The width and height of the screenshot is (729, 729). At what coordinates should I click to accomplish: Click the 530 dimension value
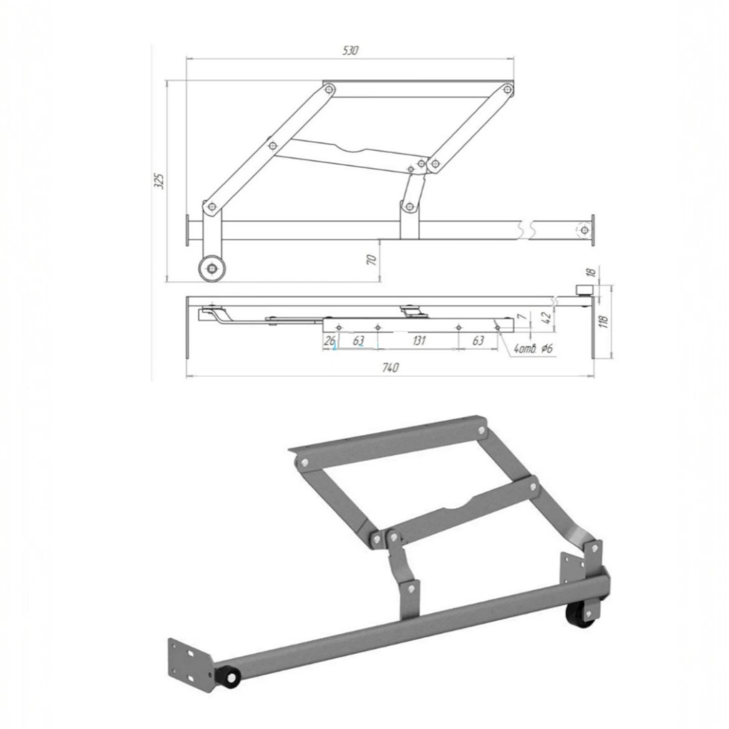(350, 50)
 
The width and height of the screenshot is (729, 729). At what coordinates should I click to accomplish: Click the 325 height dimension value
(159, 181)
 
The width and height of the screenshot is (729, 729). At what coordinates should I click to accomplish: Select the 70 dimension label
(372, 260)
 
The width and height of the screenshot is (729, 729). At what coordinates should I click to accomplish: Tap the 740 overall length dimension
(390, 367)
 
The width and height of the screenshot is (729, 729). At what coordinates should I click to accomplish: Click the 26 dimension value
(330, 340)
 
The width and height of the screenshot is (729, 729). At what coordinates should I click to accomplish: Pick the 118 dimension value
(604, 321)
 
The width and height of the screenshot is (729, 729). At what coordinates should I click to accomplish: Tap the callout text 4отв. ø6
(533, 349)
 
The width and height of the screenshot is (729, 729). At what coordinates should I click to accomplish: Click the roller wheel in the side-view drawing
(212, 268)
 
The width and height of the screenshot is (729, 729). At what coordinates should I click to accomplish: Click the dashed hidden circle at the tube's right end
(584, 230)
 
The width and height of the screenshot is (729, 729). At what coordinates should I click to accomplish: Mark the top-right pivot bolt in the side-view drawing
(507, 90)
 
